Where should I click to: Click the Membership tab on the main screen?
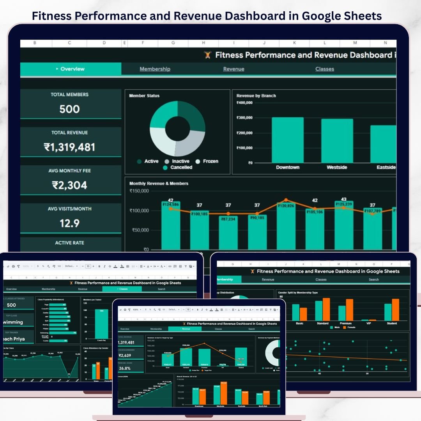coord(155,69)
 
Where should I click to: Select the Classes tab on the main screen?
coord(325,69)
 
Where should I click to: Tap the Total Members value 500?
coord(69,109)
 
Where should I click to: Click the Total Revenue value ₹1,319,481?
coord(69,147)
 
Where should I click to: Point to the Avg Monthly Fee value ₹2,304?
coord(69,185)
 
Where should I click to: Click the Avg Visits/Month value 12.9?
coord(69,223)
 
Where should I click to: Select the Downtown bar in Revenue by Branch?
coord(288,140)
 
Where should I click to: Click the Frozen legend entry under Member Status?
coord(207,161)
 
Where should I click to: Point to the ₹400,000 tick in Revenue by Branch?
coord(244,103)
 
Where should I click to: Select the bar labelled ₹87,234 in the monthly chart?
coord(228,234)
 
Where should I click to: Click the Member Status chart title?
coord(144,96)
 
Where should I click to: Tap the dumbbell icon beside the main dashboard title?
coord(207,55)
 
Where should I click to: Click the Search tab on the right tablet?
coord(373,279)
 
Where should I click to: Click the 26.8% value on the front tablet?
coord(125,368)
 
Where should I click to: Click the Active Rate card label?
coord(69,243)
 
